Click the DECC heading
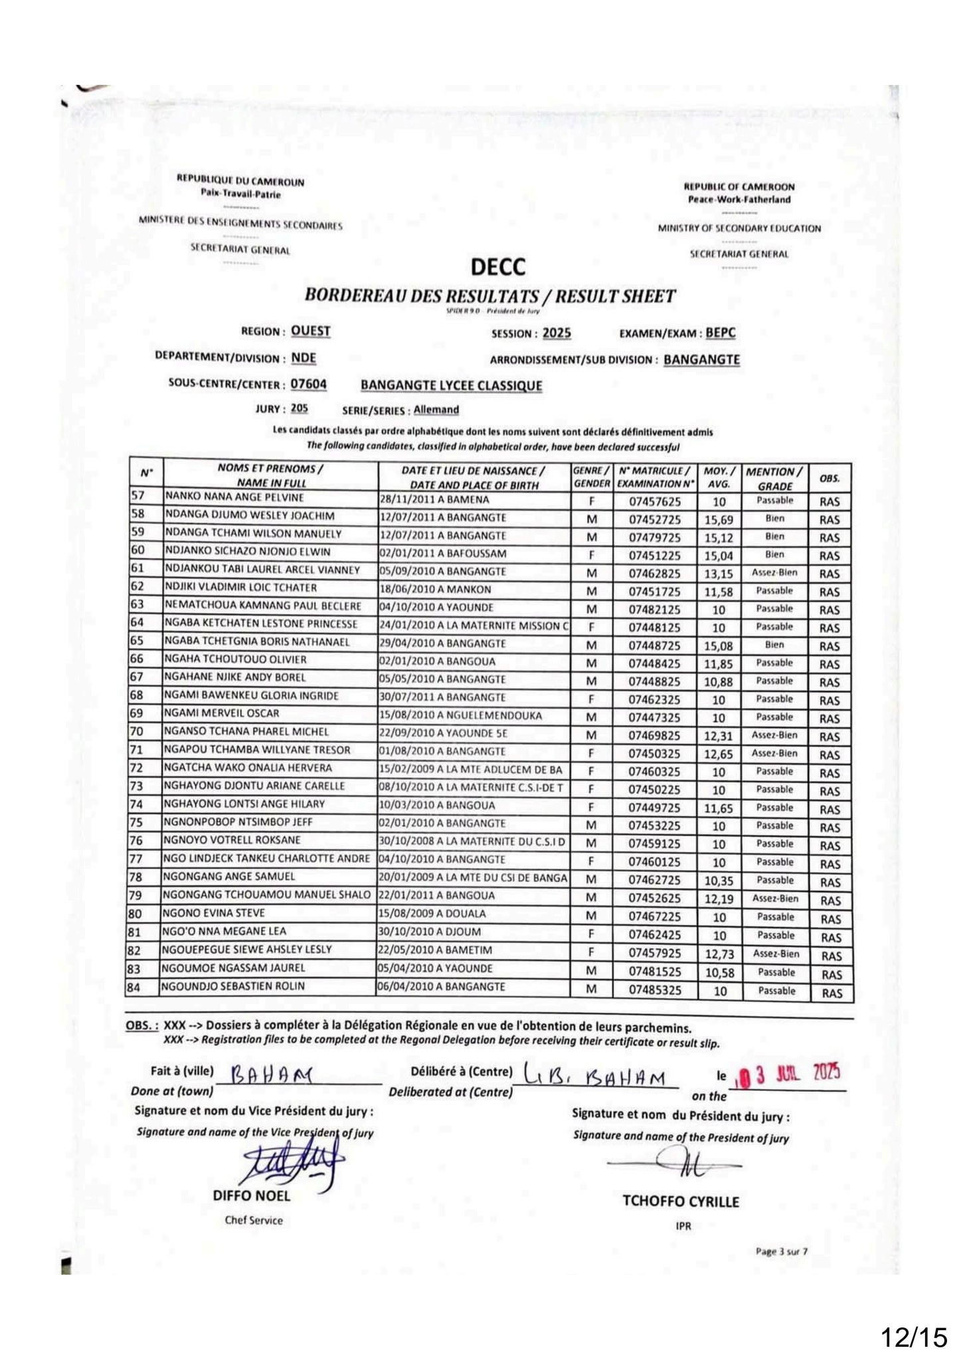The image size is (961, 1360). click(497, 267)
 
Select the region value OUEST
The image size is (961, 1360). click(311, 331)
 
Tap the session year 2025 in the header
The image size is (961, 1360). click(556, 333)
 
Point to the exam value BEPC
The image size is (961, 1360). click(721, 333)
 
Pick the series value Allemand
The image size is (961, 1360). click(436, 410)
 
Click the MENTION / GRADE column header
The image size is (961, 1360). click(774, 478)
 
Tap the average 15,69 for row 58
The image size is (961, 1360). click(719, 520)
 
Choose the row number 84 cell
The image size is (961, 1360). click(134, 987)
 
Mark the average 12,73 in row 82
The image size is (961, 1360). click(719, 956)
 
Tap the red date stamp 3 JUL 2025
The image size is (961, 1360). click(790, 1072)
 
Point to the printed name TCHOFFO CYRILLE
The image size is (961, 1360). click(681, 1201)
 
